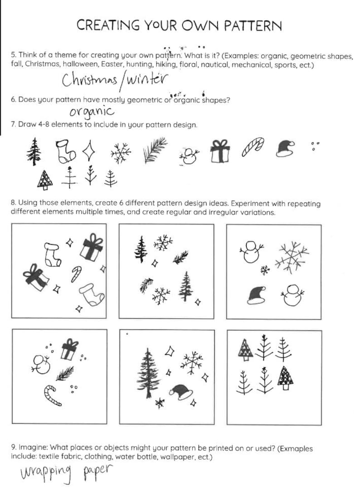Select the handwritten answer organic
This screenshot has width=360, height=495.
pos(92,111)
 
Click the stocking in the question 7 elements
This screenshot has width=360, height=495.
pos(64,150)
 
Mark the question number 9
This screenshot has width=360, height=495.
pos(13,448)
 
